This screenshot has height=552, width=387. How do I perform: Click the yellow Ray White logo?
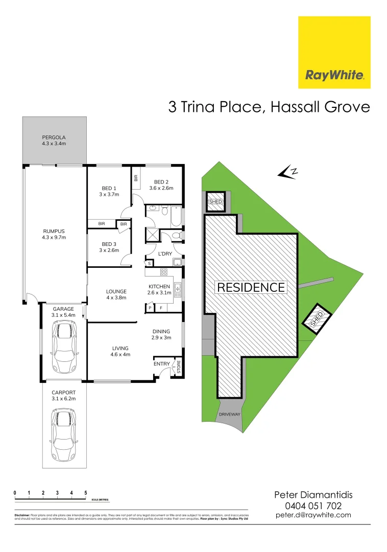click(x=334, y=52)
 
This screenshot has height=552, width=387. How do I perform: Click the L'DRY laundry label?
click(x=164, y=254)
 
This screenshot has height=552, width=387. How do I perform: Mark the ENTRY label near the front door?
click(x=162, y=364)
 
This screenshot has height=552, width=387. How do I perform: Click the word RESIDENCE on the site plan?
click(x=251, y=287)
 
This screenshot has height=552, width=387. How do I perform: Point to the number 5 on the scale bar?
click(x=86, y=493)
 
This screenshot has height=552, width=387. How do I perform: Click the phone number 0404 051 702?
click(x=313, y=505)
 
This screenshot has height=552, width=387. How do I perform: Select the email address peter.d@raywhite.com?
click(x=313, y=515)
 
